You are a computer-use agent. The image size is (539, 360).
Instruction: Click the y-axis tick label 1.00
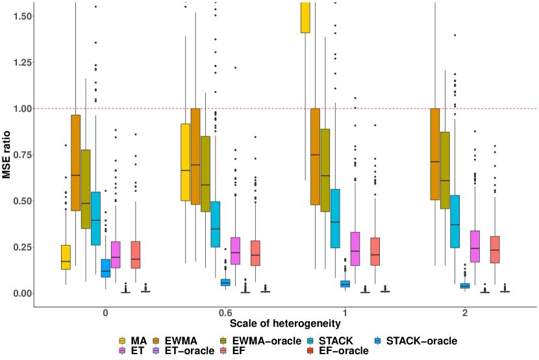point(18,109)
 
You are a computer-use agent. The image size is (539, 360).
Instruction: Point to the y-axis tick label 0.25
point(18,247)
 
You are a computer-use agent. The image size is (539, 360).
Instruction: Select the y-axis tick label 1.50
point(18,16)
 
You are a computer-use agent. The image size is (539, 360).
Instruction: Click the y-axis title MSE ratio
point(6,153)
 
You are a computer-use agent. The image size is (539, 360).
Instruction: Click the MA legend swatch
point(122,341)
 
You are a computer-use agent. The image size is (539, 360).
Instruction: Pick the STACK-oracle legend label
point(422,341)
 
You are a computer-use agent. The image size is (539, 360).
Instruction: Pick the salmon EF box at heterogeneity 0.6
point(255,253)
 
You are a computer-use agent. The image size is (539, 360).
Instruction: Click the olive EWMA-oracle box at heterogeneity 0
point(85,189)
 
